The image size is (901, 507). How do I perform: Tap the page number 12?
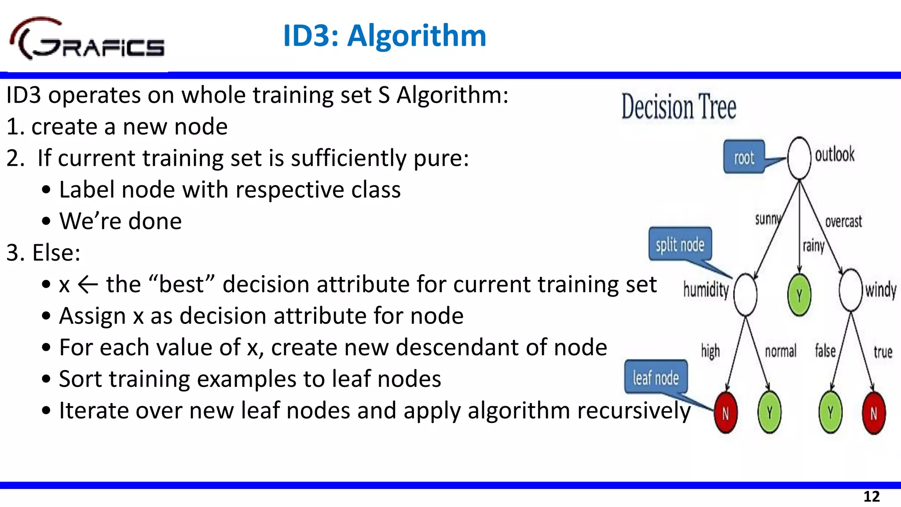pos(871,496)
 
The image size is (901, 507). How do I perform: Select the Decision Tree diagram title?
pos(678,107)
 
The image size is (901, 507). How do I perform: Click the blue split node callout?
pos(680,244)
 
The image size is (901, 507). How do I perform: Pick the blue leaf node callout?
pos(656,378)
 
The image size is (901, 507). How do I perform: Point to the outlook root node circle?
pos(799,158)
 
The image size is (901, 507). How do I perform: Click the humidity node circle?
pos(745,294)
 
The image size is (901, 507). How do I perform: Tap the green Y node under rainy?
pos(799,294)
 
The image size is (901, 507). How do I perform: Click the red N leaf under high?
pos(725,413)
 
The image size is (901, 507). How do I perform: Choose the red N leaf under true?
pos(874,413)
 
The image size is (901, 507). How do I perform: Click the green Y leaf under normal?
pos(769,413)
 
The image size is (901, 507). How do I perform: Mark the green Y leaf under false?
pos(830,413)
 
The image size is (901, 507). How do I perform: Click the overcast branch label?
pos(843,221)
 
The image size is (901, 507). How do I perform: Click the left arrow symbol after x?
pos(88,285)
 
